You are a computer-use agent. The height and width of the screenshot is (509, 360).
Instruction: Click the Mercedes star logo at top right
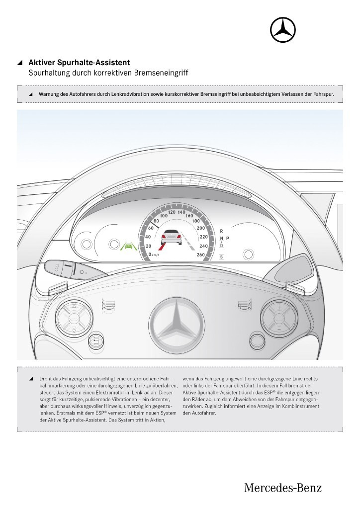pyautogui.click(x=282, y=30)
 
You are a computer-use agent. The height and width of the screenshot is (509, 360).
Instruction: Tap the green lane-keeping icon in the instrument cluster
pyautogui.click(x=129, y=246)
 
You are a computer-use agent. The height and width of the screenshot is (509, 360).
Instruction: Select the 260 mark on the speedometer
pyautogui.click(x=201, y=255)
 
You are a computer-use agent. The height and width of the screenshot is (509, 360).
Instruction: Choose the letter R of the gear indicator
pyautogui.click(x=221, y=231)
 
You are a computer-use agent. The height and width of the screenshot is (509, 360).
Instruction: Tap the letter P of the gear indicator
pyautogui.click(x=228, y=239)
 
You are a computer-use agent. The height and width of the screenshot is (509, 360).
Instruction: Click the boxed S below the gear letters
pyautogui.click(x=221, y=256)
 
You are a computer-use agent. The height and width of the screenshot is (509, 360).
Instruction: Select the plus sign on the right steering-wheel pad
pyautogui.click(x=279, y=308)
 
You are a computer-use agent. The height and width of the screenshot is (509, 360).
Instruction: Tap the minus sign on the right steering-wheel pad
pyautogui.click(x=279, y=329)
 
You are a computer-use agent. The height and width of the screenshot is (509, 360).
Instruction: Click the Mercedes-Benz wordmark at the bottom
pyautogui.click(x=282, y=488)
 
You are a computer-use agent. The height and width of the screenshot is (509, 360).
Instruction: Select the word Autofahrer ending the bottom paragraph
pyautogui.click(x=201, y=413)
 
